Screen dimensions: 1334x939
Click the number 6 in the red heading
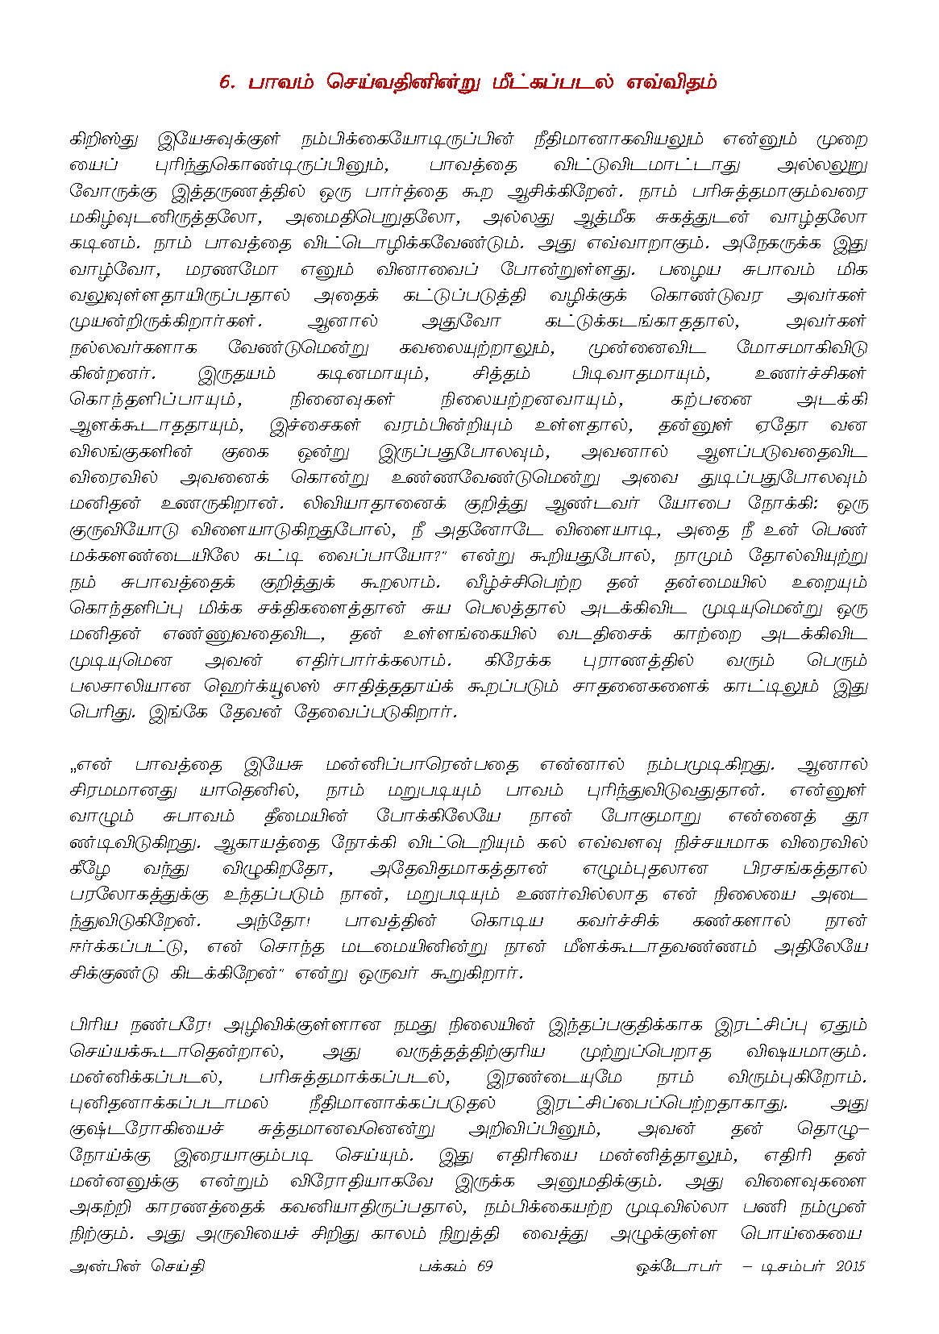click(x=225, y=83)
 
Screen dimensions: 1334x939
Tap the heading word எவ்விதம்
click(x=672, y=83)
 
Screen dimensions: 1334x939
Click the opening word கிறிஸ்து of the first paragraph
click(x=104, y=139)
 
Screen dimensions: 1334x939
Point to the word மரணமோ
click(x=231, y=269)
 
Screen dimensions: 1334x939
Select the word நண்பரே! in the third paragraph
click(x=168, y=1026)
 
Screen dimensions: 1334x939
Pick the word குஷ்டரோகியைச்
click(x=147, y=1129)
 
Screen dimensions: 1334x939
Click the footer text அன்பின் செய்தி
click(x=137, y=1266)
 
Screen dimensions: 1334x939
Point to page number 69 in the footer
click(x=484, y=1266)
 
